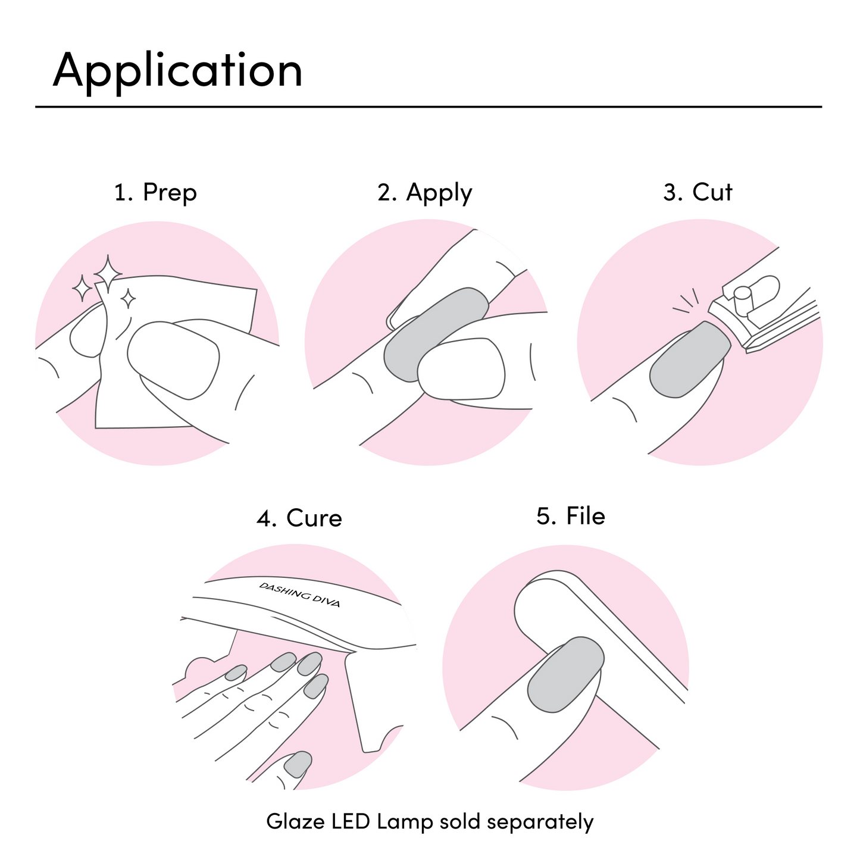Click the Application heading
(177, 70)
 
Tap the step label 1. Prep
(155, 192)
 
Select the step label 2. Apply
(424, 192)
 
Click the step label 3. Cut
(698, 192)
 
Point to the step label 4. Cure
(299, 518)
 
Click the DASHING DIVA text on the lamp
(299, 594)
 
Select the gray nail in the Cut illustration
(689, 359)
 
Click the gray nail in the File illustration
(566, 674)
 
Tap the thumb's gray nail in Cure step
(298, 764)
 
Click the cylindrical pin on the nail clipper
(742, 300)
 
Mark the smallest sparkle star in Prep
(127, 298)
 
